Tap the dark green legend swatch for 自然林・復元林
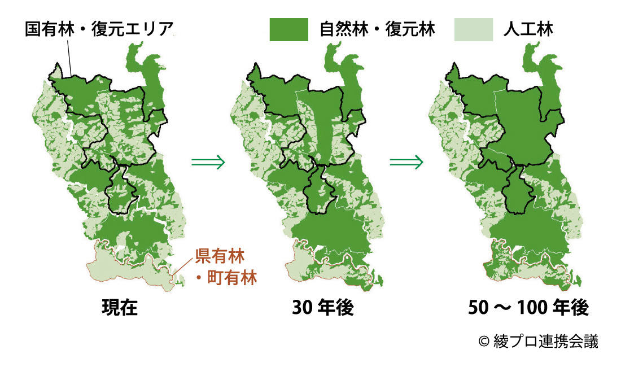click(288, 29)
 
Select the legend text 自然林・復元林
click(377, 29)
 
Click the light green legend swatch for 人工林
click(474, 29)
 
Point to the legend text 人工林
click(528, 29)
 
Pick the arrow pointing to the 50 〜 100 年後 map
click(406, 163)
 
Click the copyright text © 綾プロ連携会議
click(537, 341)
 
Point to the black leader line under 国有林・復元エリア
click(68, 56)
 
